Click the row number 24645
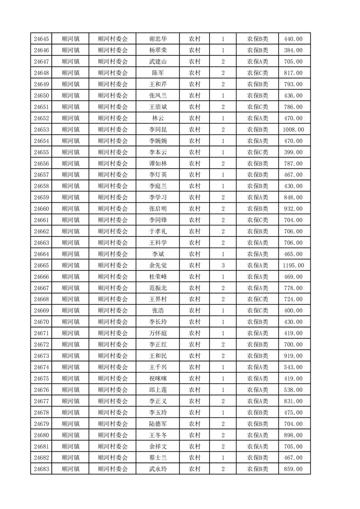click(41, 39)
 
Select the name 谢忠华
click(158, 39)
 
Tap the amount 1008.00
click(294, 130)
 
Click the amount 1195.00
click(294, 265)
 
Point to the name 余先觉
click(158, 265)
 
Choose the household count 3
click(223, 265)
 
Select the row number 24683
click(41, 469)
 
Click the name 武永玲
click(158, 469)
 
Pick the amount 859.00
click(294, 469)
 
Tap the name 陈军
click(158, 73)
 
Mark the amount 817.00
click(294, 73)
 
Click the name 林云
click(158, 118)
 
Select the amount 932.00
click(294, 209)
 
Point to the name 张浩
click(158, 311)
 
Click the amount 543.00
click(294, 367)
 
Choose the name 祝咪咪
click(158, 378)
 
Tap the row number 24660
click(41, 209)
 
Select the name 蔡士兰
click(158, 458)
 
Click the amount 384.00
click(294, 50)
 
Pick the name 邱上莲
click(158, 390)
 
